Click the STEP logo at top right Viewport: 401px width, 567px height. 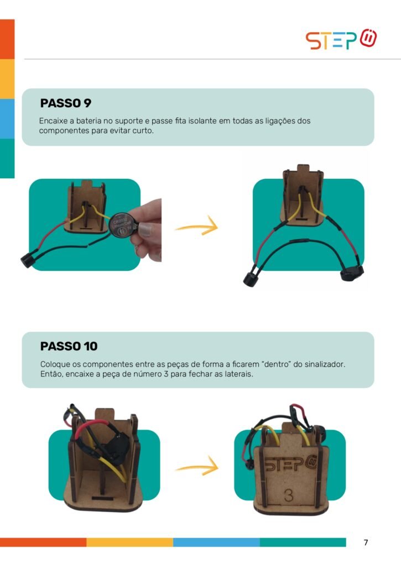coord(341,40)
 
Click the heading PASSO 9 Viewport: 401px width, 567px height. coord(66,103)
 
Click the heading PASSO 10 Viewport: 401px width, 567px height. coord(69,346)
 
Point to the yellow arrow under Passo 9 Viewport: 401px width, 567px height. coord(197,226)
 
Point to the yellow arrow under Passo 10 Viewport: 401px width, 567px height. coord(197,467)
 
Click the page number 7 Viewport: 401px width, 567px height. coord(366,542)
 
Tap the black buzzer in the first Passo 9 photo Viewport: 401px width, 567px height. coord(28,260)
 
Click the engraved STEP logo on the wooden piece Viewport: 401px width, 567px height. coord(290,465)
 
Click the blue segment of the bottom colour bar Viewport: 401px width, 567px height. coord(216,542)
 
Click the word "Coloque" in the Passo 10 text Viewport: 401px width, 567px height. coord(54,364)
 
